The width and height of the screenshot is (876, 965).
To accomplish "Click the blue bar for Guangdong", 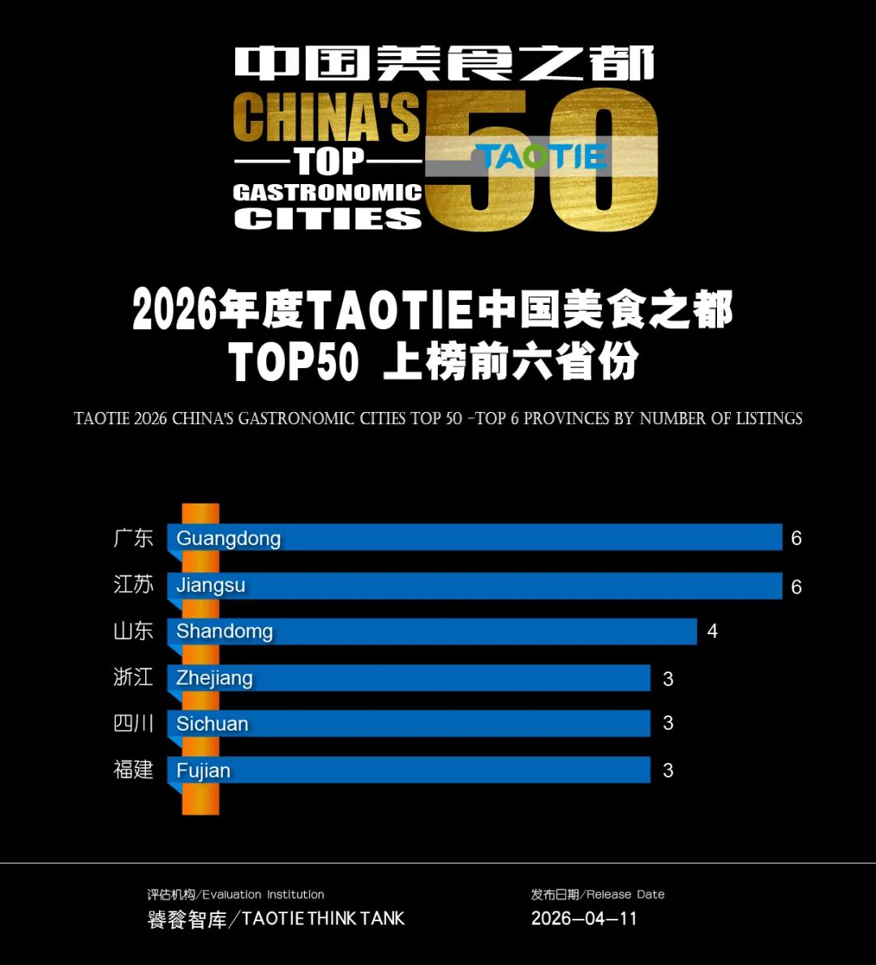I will coord(474,538).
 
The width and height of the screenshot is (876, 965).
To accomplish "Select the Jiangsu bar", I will coord(474,585).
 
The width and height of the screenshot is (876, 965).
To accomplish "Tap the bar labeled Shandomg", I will coord(432,632).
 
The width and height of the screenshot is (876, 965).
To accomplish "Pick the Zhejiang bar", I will coord(409,678).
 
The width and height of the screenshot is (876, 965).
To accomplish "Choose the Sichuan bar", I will coord(409,723).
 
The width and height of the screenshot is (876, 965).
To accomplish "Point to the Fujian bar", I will coord(409,770).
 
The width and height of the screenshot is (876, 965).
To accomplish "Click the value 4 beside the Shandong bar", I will coord(712,632).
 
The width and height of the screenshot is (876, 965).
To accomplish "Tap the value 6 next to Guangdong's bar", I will coord(796,538).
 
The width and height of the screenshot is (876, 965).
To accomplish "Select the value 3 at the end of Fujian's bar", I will coord(668,771).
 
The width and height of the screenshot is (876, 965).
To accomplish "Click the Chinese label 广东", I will coord(133,538).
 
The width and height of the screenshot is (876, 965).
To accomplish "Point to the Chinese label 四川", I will coord(133,723).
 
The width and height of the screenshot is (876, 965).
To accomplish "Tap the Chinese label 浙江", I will coord(133,677).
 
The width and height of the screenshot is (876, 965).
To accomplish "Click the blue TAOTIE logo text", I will coord(541,157).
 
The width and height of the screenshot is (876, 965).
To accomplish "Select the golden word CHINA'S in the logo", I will coord(326,118).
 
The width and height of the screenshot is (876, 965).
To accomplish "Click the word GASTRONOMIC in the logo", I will coord(327,192).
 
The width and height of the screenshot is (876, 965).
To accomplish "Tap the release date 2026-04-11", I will coord(584,919).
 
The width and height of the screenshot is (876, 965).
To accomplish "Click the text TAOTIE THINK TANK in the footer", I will coord(323,919).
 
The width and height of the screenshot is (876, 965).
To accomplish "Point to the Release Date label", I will coord(625,894).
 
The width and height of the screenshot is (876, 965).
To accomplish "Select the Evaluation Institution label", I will coord(263,894).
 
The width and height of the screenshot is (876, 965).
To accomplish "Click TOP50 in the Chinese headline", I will coord(294,362).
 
